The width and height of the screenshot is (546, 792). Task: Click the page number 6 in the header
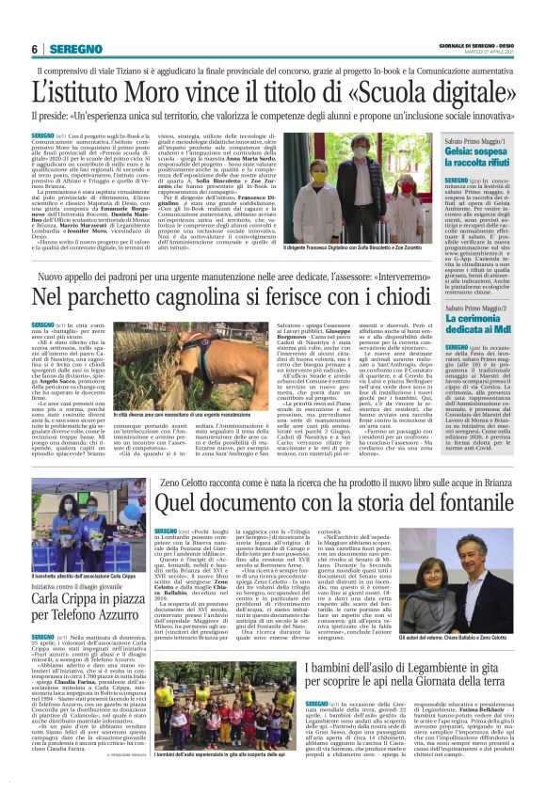[35, 48]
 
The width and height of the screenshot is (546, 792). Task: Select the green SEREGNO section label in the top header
[75, 48]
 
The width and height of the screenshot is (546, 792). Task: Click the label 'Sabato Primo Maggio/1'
[467, 141]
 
